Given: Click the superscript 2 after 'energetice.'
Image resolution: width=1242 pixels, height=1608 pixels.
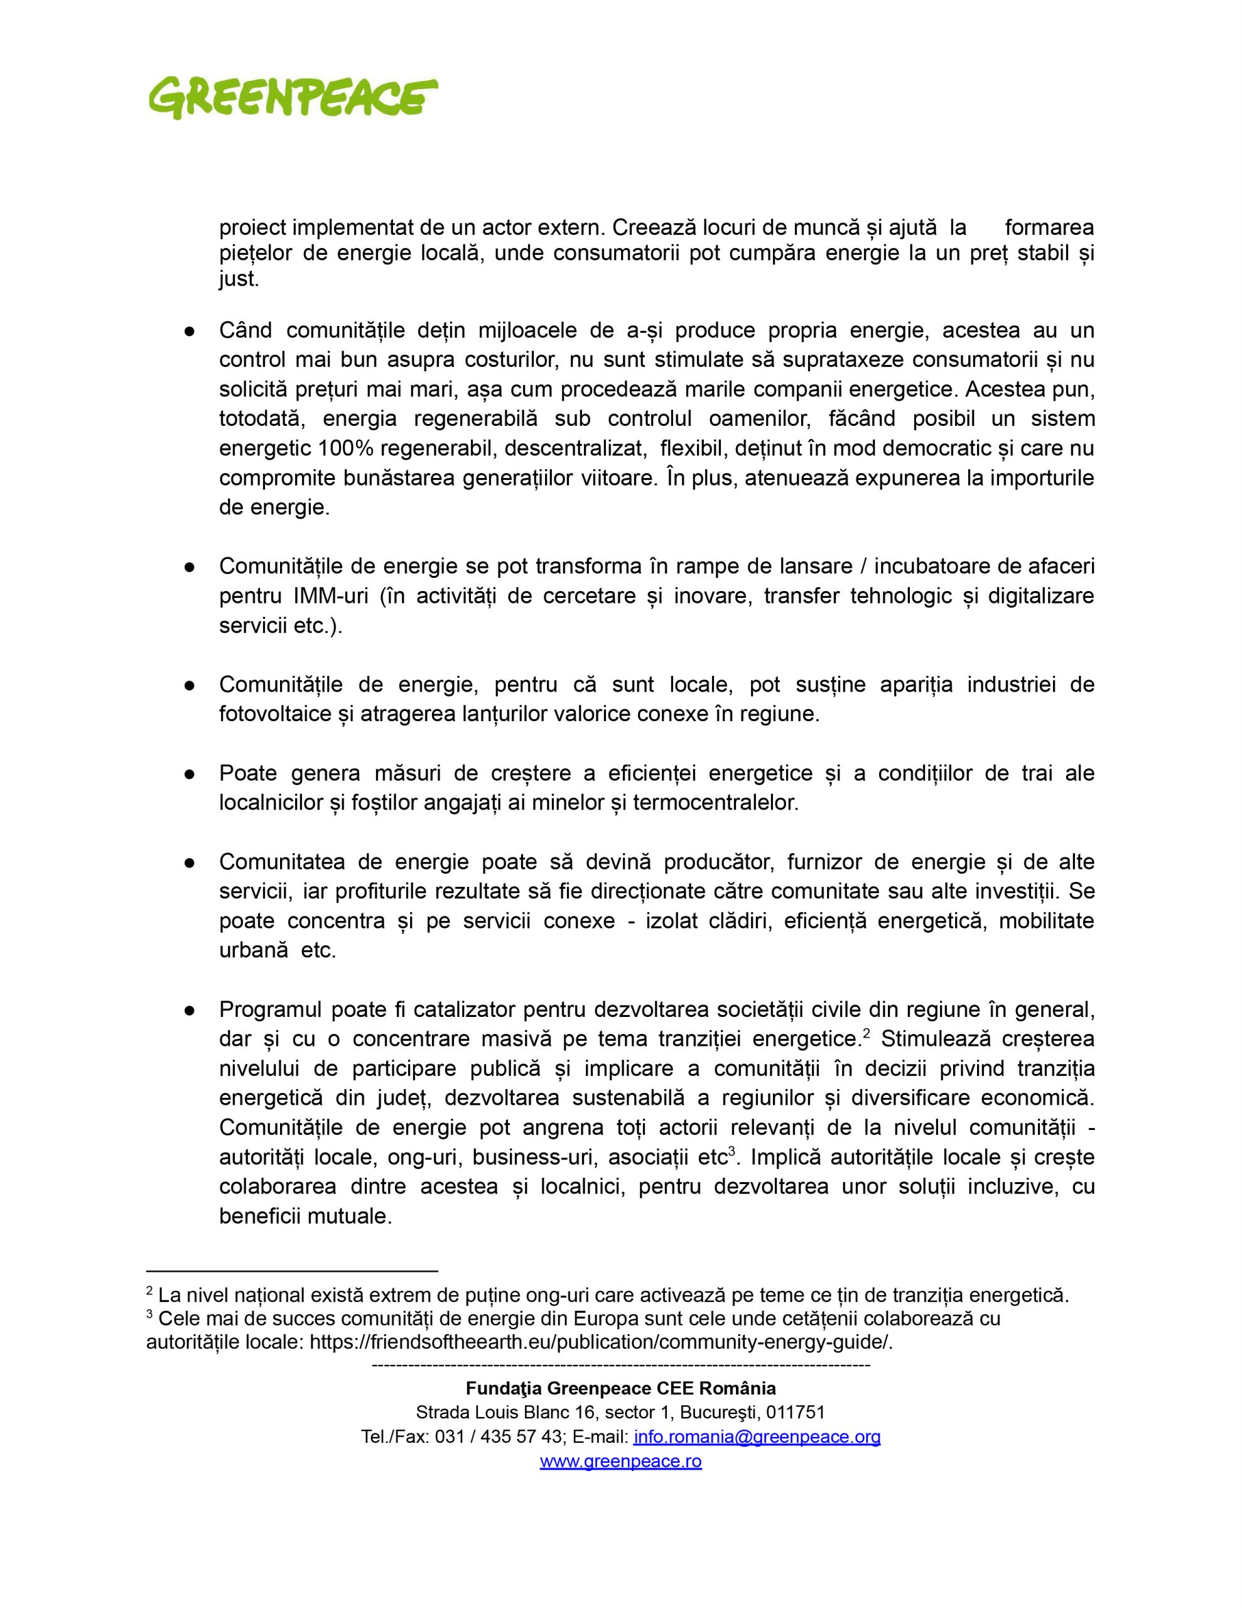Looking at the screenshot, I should [x=867, y=1034].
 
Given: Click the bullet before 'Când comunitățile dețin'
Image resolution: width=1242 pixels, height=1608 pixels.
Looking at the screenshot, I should [x=189, y=331].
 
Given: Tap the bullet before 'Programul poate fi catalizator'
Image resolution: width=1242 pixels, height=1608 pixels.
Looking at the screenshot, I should [x=189, y=1010].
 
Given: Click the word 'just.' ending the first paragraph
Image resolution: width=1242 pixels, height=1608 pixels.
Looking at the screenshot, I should [x=239, y=280].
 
